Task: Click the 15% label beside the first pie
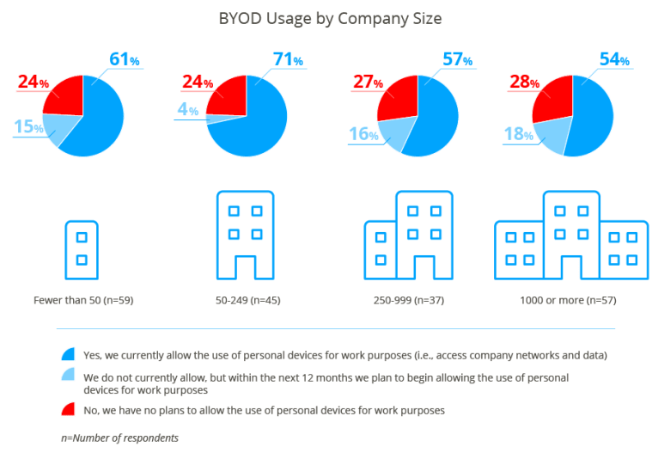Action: click(x=28, y=128)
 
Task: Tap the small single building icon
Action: click(x=82, y=248)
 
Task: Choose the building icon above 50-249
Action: click(x=245, y=234)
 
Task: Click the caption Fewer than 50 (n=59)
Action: click(x=83, y=302)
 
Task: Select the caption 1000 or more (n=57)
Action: click(x=568, y=302)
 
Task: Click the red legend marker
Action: click(x=68, y=410)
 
